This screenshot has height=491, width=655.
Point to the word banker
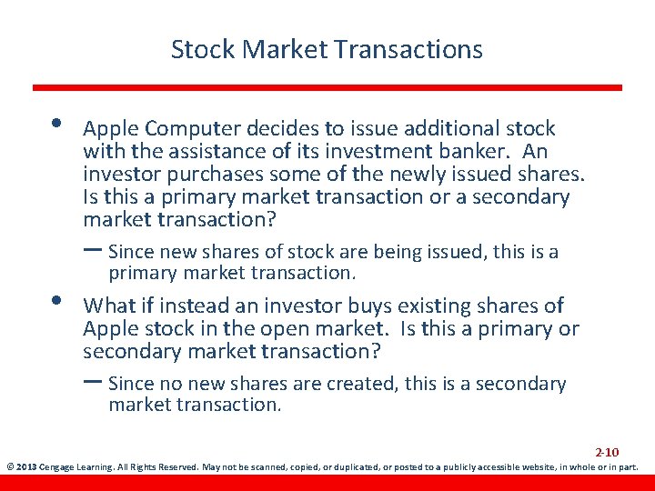tap(486, 152)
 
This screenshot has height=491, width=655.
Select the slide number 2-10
tap(607, 452)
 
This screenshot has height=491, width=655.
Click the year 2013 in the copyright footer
tap(25, 468)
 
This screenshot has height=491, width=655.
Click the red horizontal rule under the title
tap(327, 87)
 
